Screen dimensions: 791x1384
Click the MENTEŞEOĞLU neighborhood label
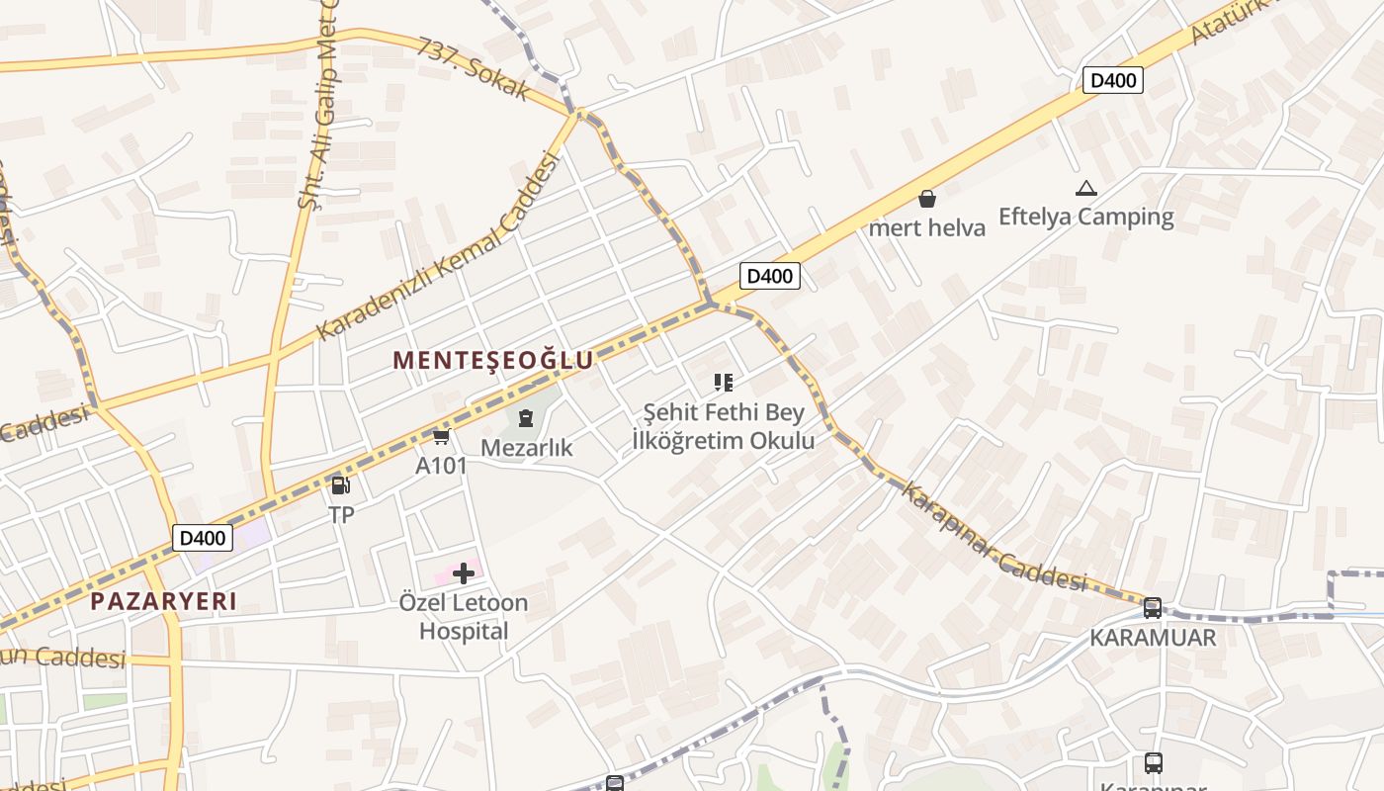(493, 361)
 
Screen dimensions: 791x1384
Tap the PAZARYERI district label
(164, 601)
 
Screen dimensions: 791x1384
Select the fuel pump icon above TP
(340, 485)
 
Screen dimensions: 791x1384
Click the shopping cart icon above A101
(441, 436)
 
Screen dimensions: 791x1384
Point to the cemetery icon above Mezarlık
(525, 419)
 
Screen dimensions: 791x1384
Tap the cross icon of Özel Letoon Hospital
(464, 573)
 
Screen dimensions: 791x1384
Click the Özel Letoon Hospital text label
(464, 616)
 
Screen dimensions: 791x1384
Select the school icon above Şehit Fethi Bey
(724, 383)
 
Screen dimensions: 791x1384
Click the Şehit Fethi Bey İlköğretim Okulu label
(724, 426)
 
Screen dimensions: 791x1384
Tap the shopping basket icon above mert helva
(926, 199)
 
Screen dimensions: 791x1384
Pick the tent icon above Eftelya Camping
(1085, 188)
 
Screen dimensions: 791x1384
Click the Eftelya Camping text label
(1085, 217)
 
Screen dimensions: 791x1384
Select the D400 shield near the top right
(1113, 80)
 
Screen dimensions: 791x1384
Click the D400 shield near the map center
(769, 276)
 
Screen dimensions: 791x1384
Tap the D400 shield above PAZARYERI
(203, 538)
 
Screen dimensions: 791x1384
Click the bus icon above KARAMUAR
(1153, 608)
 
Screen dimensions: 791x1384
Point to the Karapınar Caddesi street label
(995, 539)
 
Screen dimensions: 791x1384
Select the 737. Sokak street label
(475, 69)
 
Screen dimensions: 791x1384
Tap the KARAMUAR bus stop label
(1153, 638)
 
